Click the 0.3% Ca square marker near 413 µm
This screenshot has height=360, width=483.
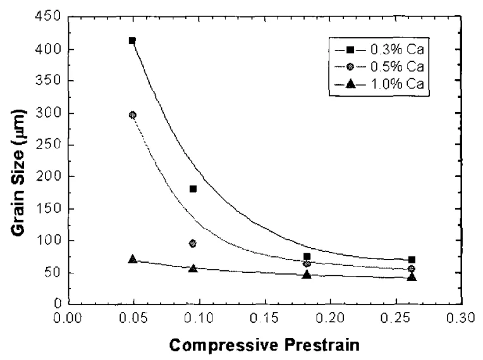coord(132,40)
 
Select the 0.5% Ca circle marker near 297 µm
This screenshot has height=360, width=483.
coord(133,115)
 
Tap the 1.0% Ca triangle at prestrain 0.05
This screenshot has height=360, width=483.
coord(133,259)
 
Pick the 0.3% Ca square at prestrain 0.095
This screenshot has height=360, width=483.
coord(193,189)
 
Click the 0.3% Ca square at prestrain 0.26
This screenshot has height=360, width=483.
coord(412,260)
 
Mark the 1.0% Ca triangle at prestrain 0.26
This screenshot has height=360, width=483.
coord(412,277)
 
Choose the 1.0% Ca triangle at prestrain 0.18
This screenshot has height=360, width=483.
coord(307,274)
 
